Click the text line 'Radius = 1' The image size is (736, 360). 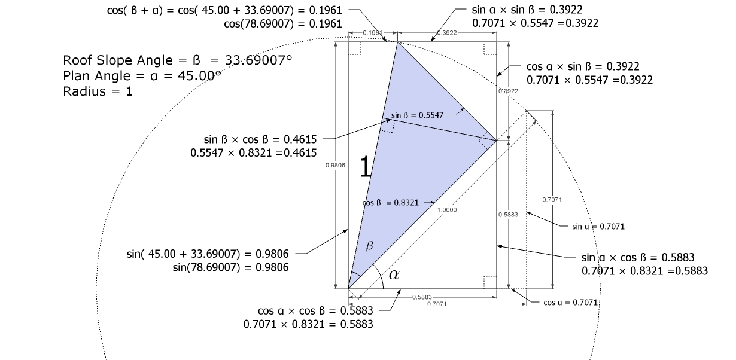tap(98, 91)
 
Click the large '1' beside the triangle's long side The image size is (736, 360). tap(365, 167)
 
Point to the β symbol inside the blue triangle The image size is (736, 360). tap(369, 246)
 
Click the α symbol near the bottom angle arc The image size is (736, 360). tap(393, 274)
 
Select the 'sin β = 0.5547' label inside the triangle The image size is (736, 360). tap(418, 115)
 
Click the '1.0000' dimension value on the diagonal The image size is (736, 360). tap(447, 210)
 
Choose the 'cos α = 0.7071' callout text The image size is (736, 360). tap(570, 303)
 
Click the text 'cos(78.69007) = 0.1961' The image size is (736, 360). tap(283, 24)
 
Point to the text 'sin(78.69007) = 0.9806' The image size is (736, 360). tap(230, 267)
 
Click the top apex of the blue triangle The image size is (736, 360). tap(396, 42)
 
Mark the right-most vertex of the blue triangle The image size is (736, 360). tap(496, 141)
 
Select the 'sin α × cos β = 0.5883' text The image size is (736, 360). tap(638, 258)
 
